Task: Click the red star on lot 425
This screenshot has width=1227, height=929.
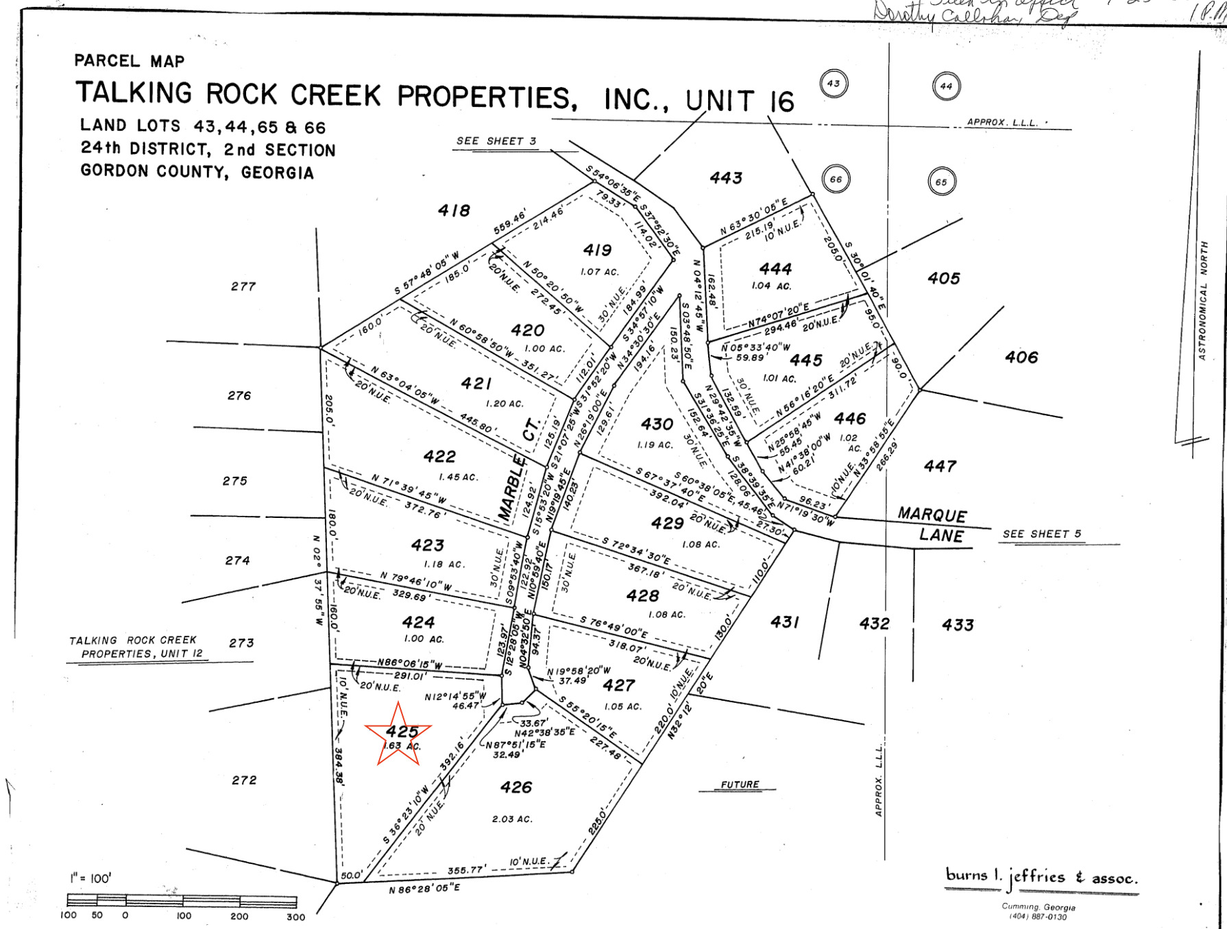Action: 398,734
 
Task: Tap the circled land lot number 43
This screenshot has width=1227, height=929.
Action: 834,84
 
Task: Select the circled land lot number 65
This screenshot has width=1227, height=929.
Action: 941,182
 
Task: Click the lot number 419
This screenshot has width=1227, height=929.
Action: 597,251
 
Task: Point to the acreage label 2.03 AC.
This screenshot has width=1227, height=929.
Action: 512,819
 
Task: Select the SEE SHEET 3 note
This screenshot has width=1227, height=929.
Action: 496,141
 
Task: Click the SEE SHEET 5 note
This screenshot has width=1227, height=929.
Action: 1041,534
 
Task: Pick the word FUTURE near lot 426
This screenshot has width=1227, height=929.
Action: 740,784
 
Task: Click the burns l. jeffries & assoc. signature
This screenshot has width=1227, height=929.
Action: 1041,877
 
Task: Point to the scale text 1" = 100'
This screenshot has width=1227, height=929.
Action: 90,878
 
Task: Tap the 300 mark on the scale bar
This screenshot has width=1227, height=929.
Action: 295,917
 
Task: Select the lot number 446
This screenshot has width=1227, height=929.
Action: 849,419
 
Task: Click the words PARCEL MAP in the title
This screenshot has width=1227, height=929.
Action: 130,61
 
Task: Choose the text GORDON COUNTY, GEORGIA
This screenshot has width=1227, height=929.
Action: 197,171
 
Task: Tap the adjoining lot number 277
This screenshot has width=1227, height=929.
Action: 243,286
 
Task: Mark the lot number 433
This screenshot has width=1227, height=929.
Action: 958,625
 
